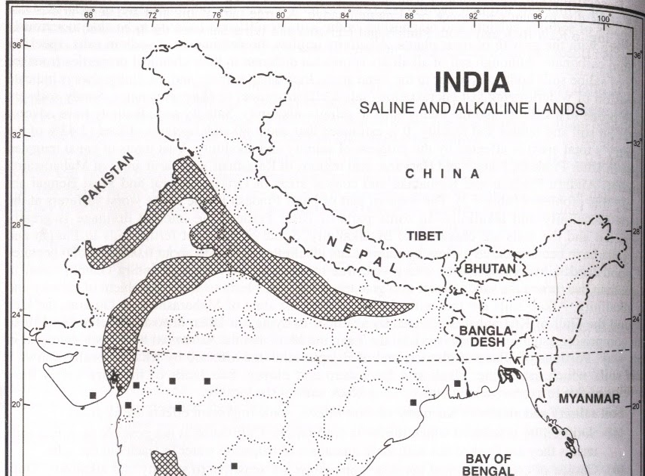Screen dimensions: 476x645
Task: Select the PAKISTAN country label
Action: [x=106, y=178]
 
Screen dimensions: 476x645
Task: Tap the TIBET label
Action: [x=425, y=236]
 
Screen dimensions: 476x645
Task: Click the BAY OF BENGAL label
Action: [x=489, y=464]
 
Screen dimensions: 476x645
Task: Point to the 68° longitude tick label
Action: [x=89, y=14]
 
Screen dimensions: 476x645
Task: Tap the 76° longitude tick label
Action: [x=217, y=14]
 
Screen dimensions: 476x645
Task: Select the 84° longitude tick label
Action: [x=346, y=14]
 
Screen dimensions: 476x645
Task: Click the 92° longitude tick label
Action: [x=474, y=14]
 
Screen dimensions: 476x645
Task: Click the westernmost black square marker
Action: [x=92, y=395]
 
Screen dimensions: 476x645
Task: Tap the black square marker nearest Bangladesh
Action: [x=457, y=384]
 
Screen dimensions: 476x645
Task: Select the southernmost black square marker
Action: [x=234, y=465]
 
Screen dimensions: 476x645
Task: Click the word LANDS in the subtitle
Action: [x=560, y=109]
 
